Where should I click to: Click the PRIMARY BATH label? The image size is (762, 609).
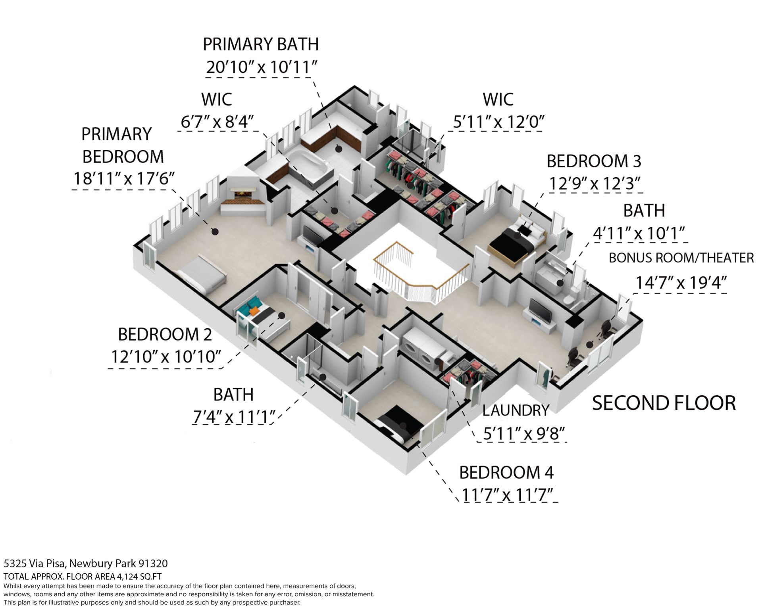(261, 44)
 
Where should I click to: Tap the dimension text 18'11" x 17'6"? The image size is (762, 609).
(124, 179)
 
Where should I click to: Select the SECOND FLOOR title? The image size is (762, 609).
(664, 403)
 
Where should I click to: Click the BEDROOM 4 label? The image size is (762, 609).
(506, 473)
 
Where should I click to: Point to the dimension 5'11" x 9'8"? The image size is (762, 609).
(524, 434)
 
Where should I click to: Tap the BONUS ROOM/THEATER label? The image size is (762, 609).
(681, 258)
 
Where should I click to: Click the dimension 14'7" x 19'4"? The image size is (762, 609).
(681, 283)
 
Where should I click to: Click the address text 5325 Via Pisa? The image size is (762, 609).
(33, 564)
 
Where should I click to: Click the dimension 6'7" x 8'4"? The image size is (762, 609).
(217, 122)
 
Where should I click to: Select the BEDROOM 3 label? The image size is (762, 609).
(594, 161)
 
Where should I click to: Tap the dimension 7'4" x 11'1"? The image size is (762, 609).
(234, 417)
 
